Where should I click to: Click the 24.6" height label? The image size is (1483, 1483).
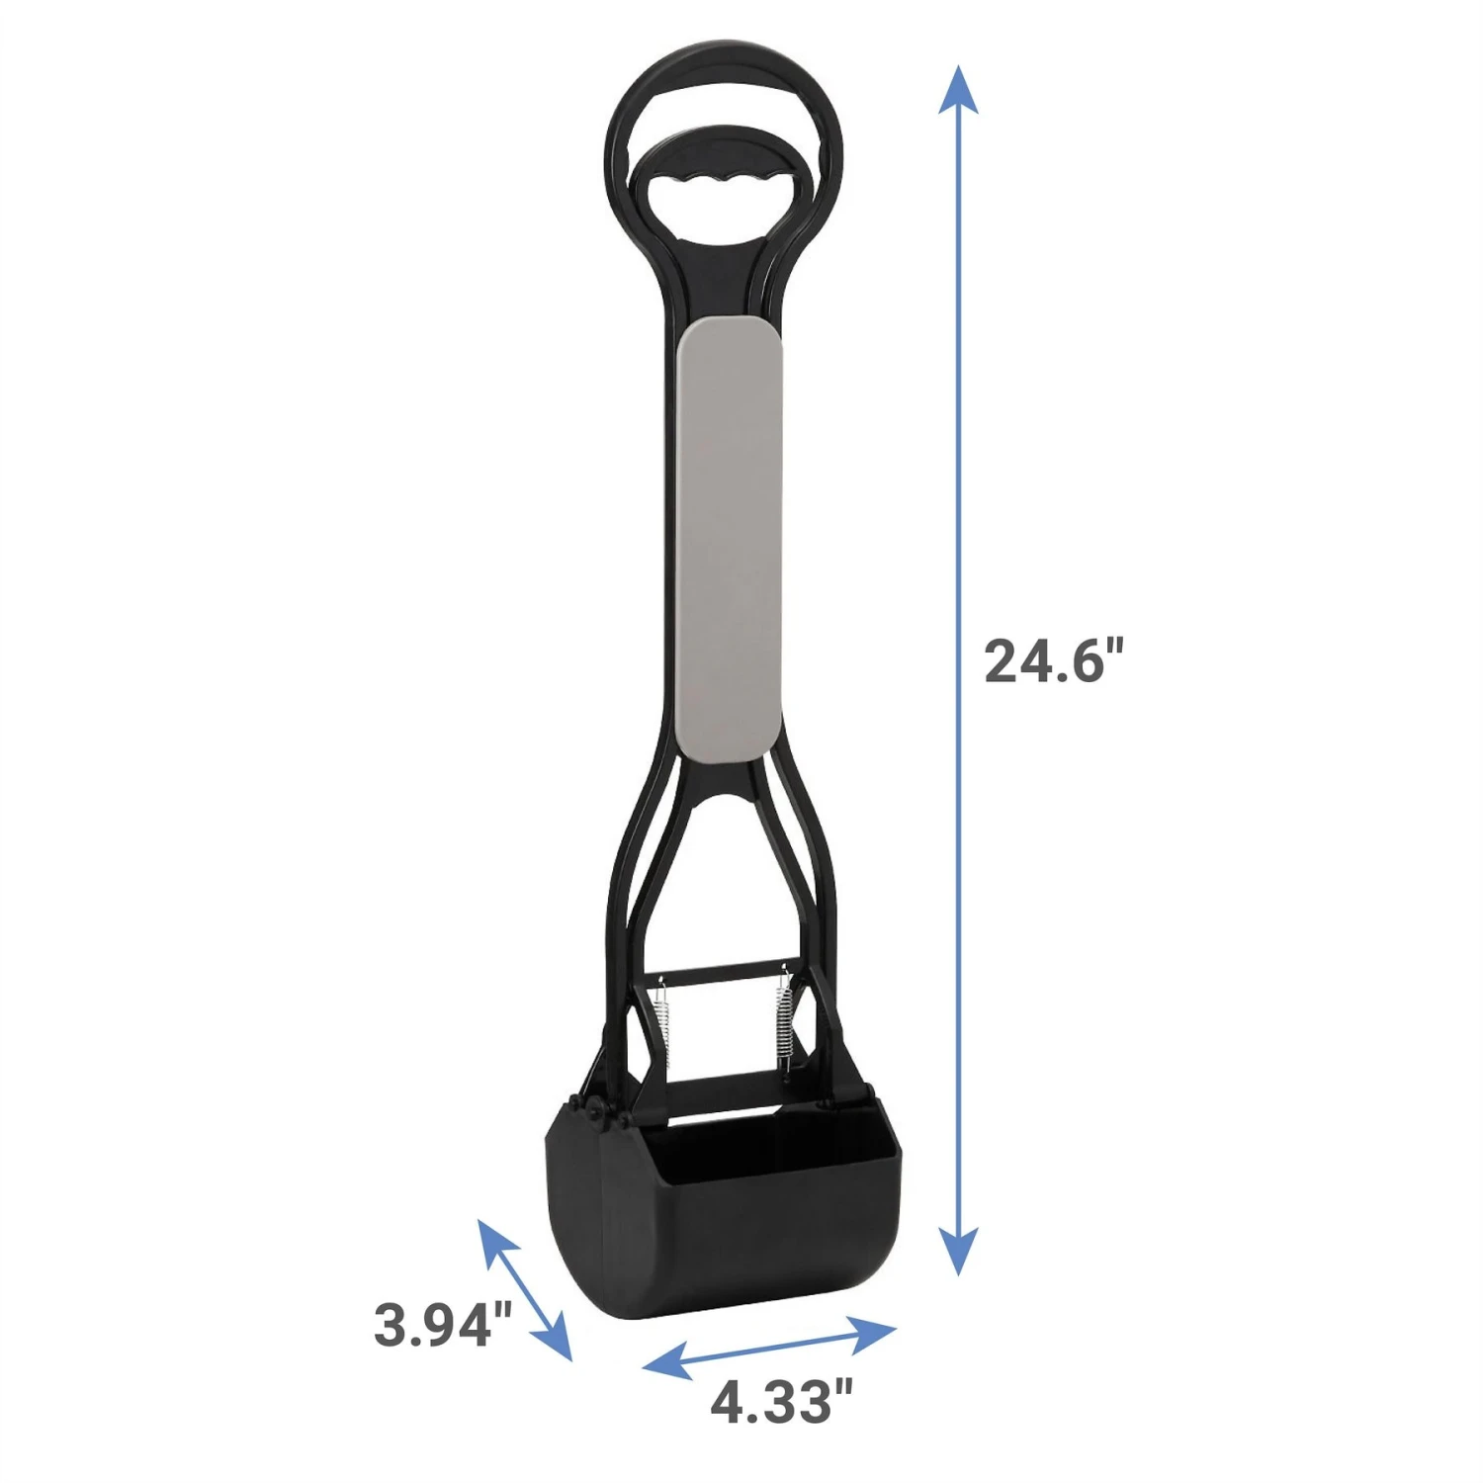click(1055, 660)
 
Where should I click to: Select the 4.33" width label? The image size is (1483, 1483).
click(781, 1401)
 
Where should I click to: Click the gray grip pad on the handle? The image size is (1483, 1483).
click(732, 539)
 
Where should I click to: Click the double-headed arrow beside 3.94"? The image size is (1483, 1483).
click(525, 1290)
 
